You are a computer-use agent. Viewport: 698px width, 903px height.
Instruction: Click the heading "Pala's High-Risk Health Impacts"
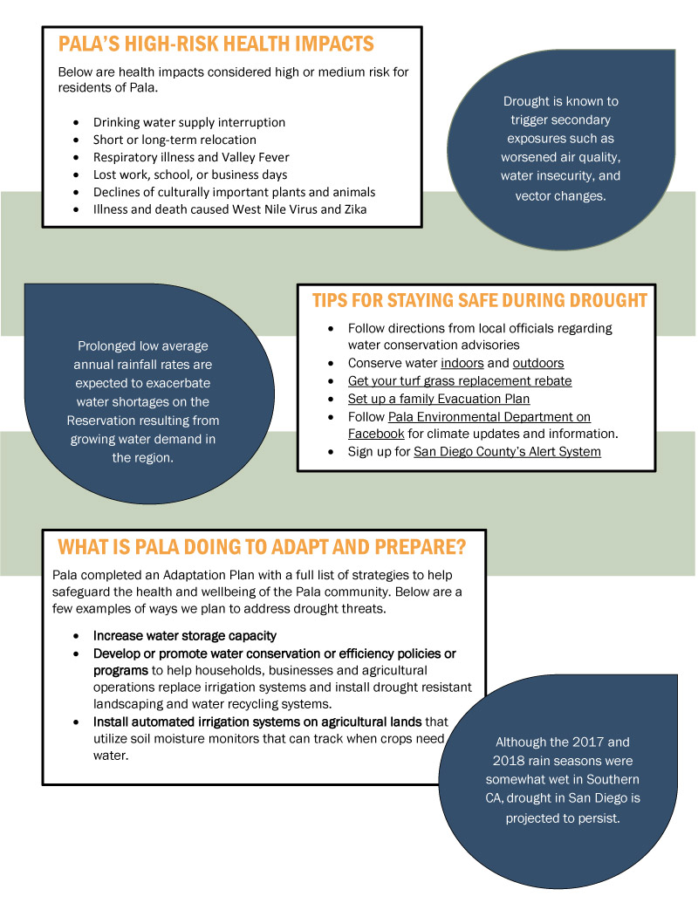tap(216, 44)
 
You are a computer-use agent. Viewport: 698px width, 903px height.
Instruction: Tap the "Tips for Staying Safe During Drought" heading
tap(480, 300)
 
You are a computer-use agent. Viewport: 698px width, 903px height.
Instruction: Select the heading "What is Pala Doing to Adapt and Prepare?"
tap(262, 546)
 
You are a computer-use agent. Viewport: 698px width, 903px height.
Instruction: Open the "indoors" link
tap(462, 363)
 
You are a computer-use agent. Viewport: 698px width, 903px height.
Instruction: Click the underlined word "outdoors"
tap(538, 363)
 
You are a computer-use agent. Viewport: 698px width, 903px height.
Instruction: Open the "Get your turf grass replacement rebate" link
tap(460, 380)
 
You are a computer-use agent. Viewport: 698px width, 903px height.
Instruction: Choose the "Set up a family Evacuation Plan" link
tap(438, 399)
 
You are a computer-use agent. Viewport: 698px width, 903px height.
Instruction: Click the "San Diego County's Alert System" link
tap(507, 452)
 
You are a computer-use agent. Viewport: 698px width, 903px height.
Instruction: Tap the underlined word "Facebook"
tap(376, 434)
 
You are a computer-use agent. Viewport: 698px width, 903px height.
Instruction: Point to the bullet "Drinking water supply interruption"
tap(189, 122)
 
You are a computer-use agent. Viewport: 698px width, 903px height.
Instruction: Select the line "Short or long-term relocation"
tap(174, 140)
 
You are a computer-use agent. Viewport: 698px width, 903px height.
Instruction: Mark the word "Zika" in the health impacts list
tap(355, 209)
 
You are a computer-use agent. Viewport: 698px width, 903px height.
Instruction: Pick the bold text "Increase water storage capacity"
tap(185, 636)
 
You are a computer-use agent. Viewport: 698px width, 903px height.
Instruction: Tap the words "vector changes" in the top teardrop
tap(559, 195)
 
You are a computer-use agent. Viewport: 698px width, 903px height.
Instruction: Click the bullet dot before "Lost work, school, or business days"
tap(76, 175)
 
